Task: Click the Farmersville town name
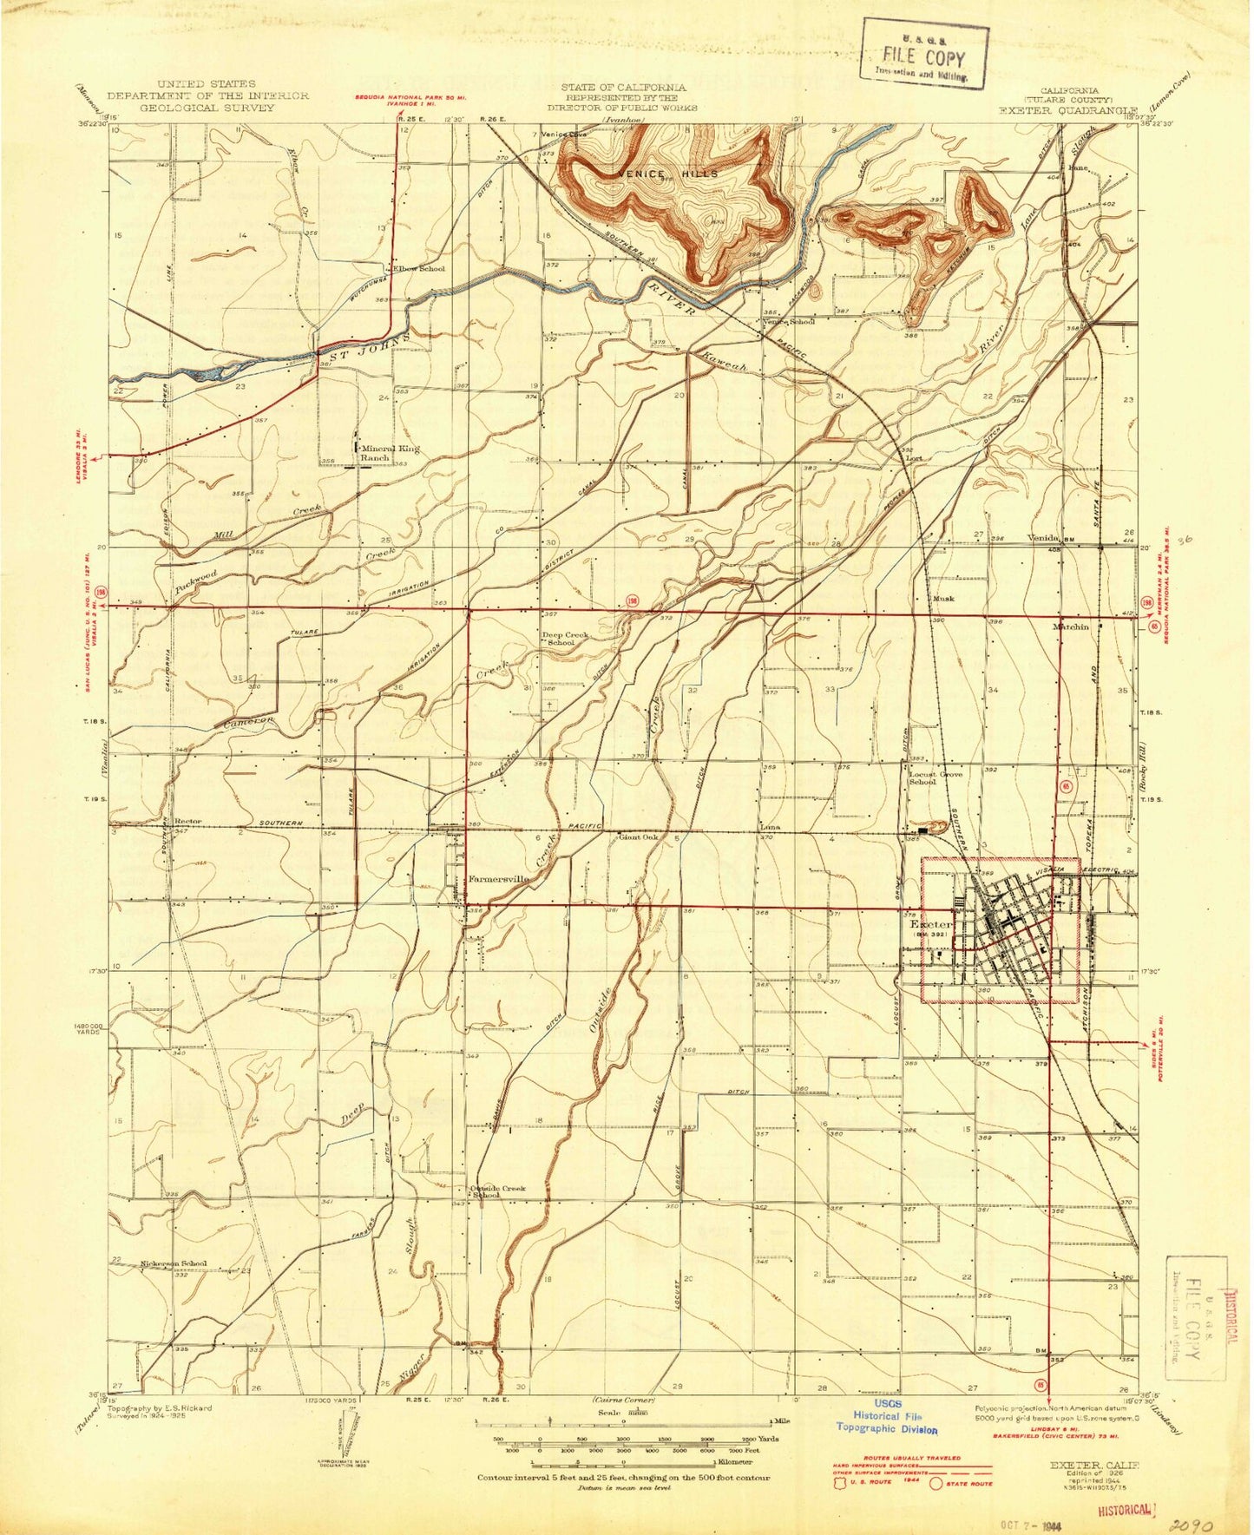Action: tap(498, 878)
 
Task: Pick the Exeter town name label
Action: tap(930, 925)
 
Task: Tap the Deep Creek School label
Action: tap(565, 639)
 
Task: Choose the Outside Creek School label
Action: tap(497, 1191)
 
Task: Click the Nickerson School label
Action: tap(174, 1263)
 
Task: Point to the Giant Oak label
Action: tap(638, 837)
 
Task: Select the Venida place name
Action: tap(1045, 538)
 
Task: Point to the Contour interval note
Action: tap(623, 1477)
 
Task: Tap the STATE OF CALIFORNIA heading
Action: tap(622, 87)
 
